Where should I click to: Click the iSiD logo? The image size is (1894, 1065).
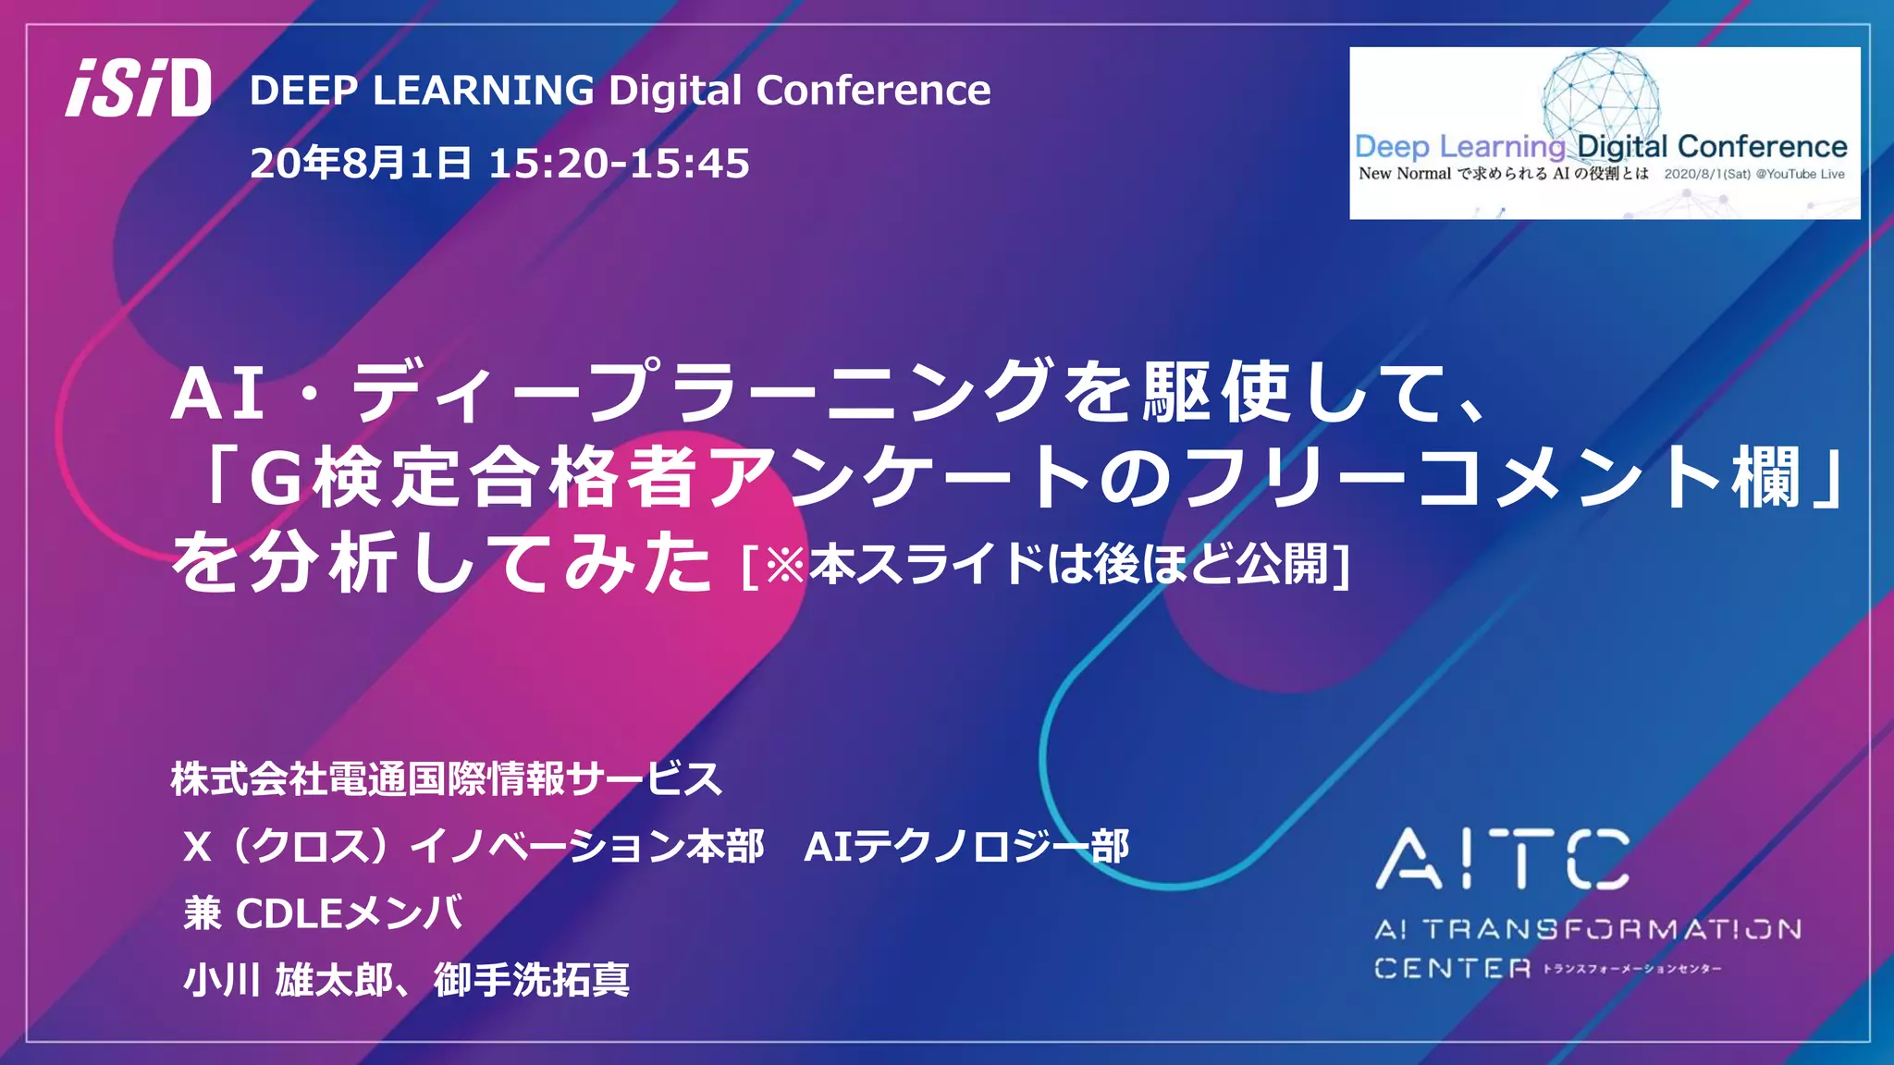pos(139,89)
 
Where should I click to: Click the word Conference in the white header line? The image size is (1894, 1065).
pos(873,91)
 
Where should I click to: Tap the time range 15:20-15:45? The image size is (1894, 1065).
pos(619,164)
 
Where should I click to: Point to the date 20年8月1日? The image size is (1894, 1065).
pos(361,164)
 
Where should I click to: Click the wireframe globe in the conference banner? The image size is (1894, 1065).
pos(1601,92)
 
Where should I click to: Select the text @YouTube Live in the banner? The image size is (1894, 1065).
pos(1800,174)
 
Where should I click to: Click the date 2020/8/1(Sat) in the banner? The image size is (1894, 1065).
pos(1707,174)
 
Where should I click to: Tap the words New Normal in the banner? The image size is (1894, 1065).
pos(1405,174)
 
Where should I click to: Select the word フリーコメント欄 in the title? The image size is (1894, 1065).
pos(1489,479)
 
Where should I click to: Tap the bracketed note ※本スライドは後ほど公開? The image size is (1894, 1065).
pos(1045,564)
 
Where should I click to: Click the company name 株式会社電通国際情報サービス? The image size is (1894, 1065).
pos(446,778)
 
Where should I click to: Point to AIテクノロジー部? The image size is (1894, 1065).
pos(966,846)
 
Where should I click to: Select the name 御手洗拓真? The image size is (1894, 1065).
pos(532,980)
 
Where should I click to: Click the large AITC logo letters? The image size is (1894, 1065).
pos(1503,859)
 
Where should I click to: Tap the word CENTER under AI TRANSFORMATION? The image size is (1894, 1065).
pos(1452,969)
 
